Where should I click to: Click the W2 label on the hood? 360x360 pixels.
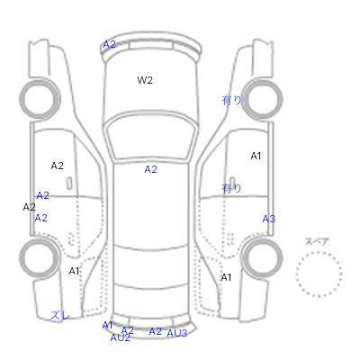pos(145,80)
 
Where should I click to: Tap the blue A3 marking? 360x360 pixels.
pos(269,219)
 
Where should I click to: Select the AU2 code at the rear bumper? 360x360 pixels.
pos(121,337)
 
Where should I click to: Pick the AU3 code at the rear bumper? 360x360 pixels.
pos(177,333)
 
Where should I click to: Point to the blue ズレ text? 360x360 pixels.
pos(60,315)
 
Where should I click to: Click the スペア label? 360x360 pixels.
pos(317,241)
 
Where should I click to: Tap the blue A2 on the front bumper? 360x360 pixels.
pos(109,44)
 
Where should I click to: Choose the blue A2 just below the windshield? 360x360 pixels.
pos(150,169)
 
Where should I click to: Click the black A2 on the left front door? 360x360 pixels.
pos(57,166)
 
